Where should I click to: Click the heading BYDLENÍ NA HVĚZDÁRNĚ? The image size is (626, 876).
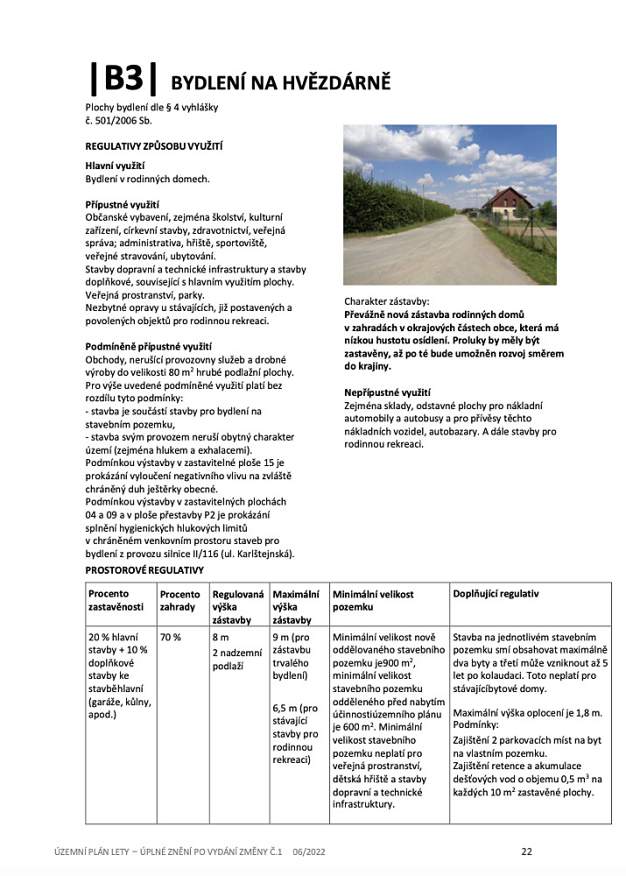coord(280,83)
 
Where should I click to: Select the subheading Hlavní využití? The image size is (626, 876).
coord(115,166)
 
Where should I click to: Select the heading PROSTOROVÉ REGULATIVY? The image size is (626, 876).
coord(144,570)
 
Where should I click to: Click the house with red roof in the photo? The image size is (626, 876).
coord(507,204)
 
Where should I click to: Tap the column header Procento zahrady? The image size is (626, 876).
coord(179,600)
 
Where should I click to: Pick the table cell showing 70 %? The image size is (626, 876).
coord(171,637)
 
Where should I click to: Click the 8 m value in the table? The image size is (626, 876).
coord(221,637)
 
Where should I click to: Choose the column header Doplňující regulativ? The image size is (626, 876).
coord(496,594)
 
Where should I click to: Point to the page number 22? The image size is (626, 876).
coord(526,851)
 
